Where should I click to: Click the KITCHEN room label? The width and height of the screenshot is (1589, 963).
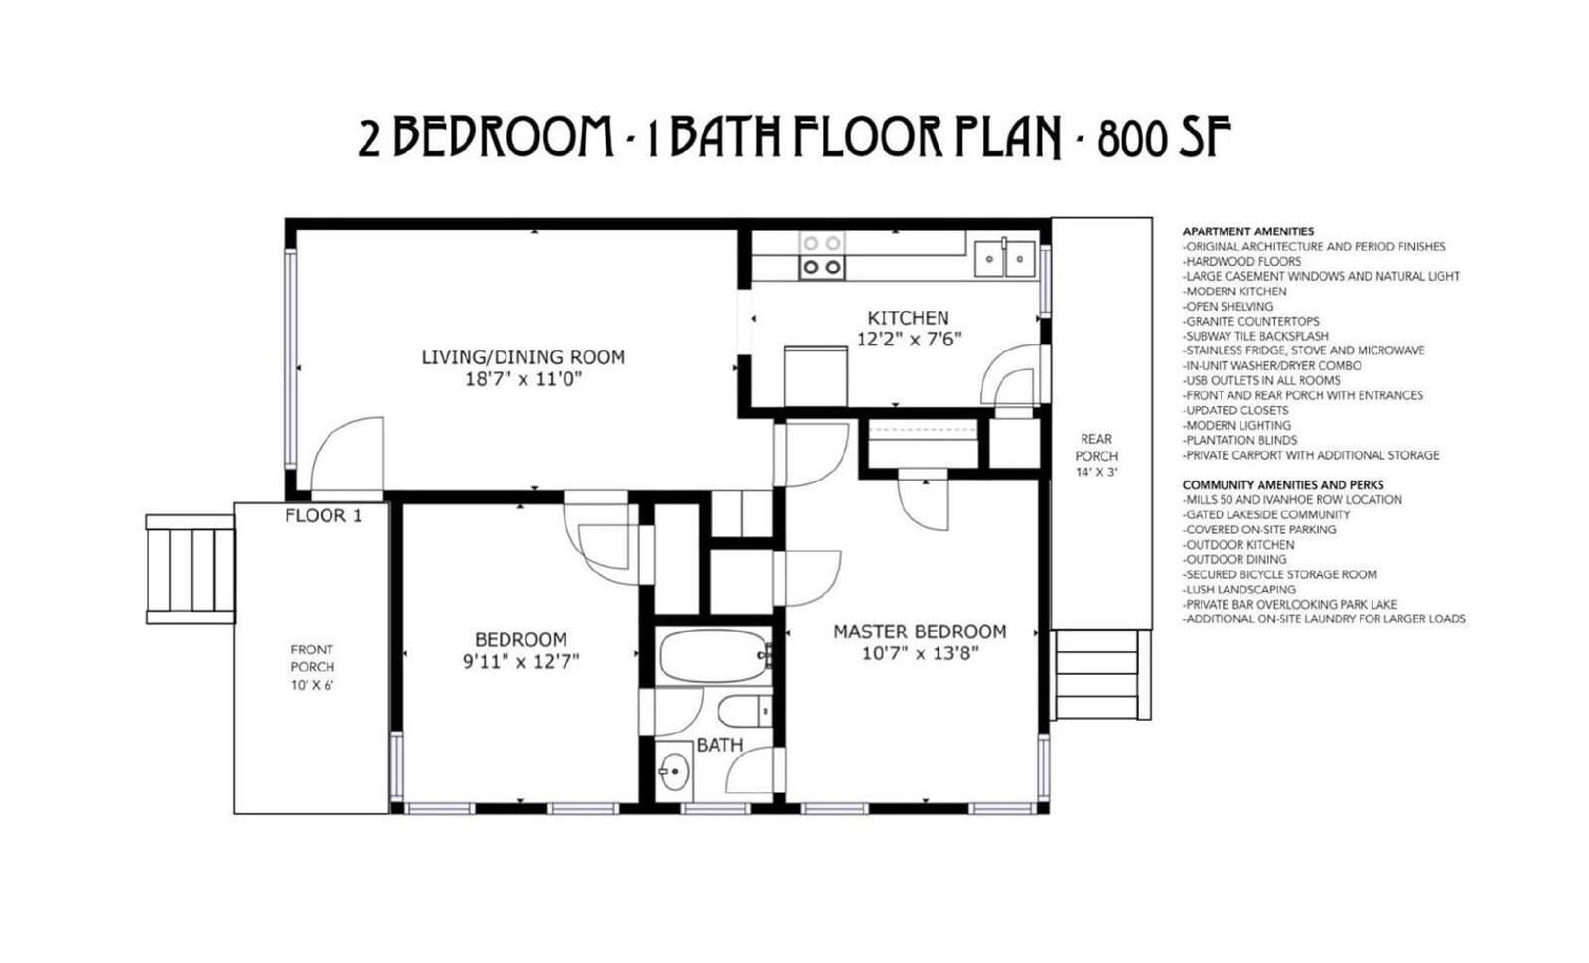[x=908, y=317]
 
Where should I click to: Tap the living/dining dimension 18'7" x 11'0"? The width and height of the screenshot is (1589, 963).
[x=522, y=379]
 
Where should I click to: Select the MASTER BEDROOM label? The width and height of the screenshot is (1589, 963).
[x=920, y=631]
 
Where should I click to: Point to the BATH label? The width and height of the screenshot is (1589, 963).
[x=719, y=745]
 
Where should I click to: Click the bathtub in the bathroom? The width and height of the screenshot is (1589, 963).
[x=714, y=656]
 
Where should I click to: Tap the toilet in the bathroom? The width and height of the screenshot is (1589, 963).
[x=745, y=711]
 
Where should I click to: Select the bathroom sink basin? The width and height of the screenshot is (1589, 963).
[x=674, y=771]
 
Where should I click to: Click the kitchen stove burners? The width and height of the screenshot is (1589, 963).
[x=822, y=255]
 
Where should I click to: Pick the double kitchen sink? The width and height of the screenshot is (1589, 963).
[x=1004, y=259]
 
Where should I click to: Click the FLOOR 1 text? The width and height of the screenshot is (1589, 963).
[x=324, y=516]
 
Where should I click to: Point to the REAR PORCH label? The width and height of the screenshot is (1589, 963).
[x=1096, y=448]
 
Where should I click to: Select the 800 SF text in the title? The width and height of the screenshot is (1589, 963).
[x=1164, y=138]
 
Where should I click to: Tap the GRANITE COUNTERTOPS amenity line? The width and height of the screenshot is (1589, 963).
[x=1250, y=322]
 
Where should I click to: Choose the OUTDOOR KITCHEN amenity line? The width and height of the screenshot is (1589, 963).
[x=1238, y=545]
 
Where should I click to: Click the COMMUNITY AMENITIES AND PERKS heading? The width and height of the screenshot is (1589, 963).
[x=1283, y=485]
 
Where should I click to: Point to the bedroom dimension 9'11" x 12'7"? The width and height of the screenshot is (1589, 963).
[x=521, y=661]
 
